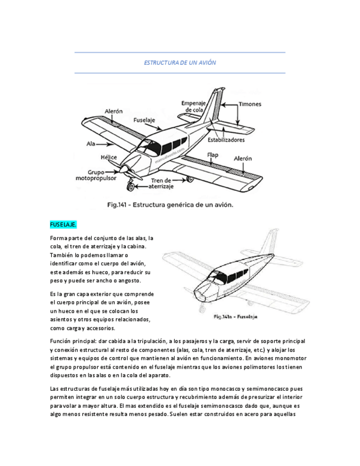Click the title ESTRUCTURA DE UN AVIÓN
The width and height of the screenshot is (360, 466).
click(x=180, y=63)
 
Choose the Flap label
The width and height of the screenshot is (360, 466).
click(x=213, y=155)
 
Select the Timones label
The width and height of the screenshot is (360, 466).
click(x=250, y=104)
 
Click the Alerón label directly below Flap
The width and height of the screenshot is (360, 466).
click(x=242, y=158)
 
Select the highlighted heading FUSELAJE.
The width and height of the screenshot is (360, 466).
click(x=63, y=225)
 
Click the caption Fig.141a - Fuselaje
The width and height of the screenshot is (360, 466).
click(x=235, y=317)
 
